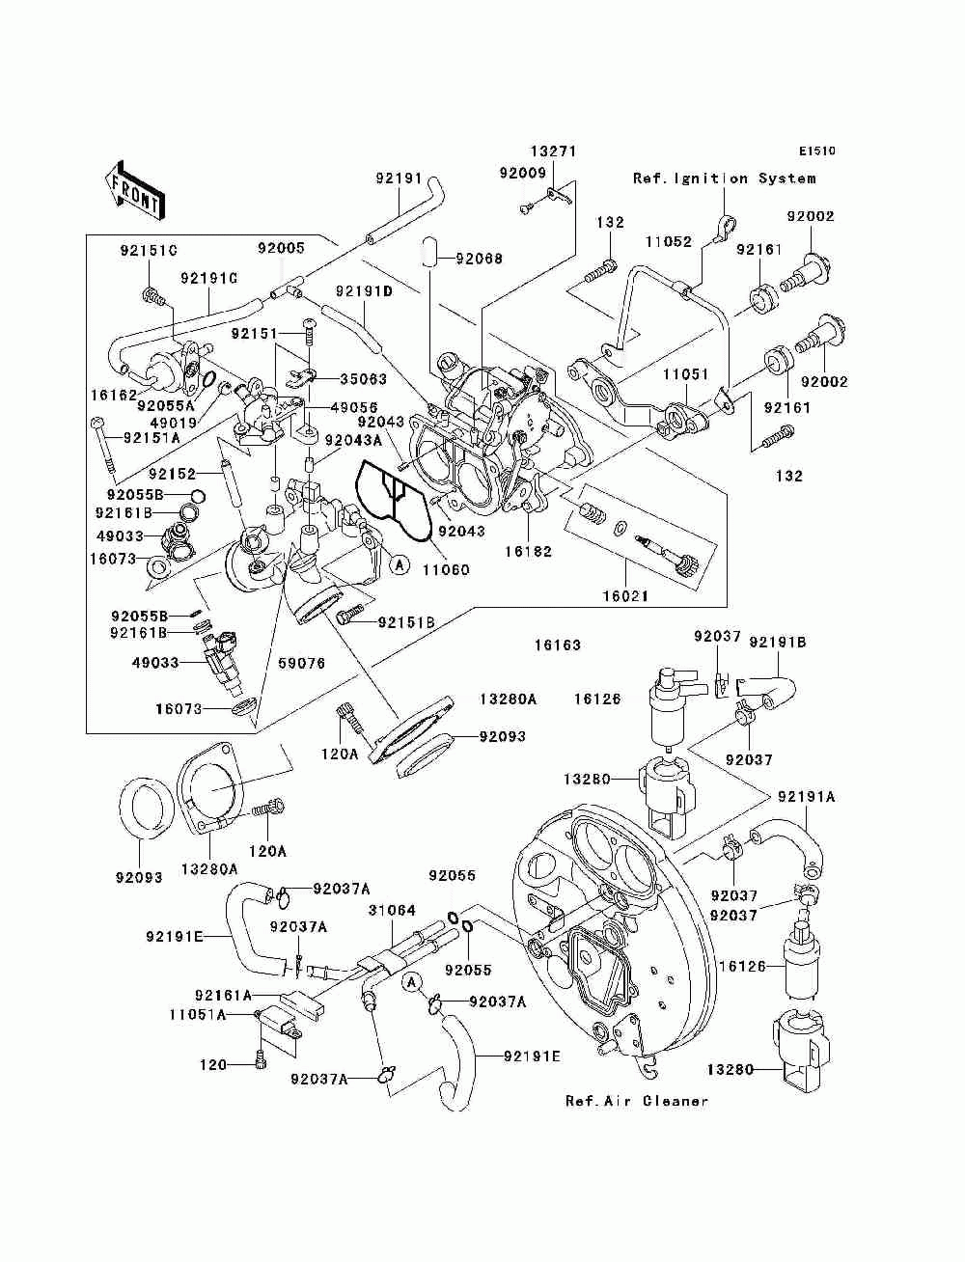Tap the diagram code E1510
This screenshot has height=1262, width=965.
click(x=816, y=151)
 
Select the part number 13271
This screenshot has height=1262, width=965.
click(x=553, y=151)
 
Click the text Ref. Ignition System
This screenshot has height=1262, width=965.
click(x=724, y=178)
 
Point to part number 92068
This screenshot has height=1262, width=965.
click(x=479, y=259)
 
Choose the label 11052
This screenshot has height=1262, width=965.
click(x=668, y=241)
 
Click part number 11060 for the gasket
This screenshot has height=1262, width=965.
click(x=446, y=570)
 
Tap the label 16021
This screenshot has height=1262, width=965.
click(x=625, y=596)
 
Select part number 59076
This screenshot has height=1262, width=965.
click(x=301, y=664)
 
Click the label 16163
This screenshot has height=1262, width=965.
click(x=558, y=645)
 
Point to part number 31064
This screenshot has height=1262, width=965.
click(x=392, y=910)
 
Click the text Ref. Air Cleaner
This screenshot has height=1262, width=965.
click(x=637, y=1102)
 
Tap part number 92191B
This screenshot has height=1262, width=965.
click(x=777, y=643)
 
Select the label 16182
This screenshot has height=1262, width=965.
click(x=529, y=552)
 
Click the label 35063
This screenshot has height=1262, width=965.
click(x=364, y=379)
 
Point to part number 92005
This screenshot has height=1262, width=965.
click(x=281, y=248)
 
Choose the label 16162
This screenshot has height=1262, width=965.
click(x=114, y=395)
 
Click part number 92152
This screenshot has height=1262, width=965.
click(x=172, y=474)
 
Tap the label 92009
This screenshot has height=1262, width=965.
click(x=522, y=173)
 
